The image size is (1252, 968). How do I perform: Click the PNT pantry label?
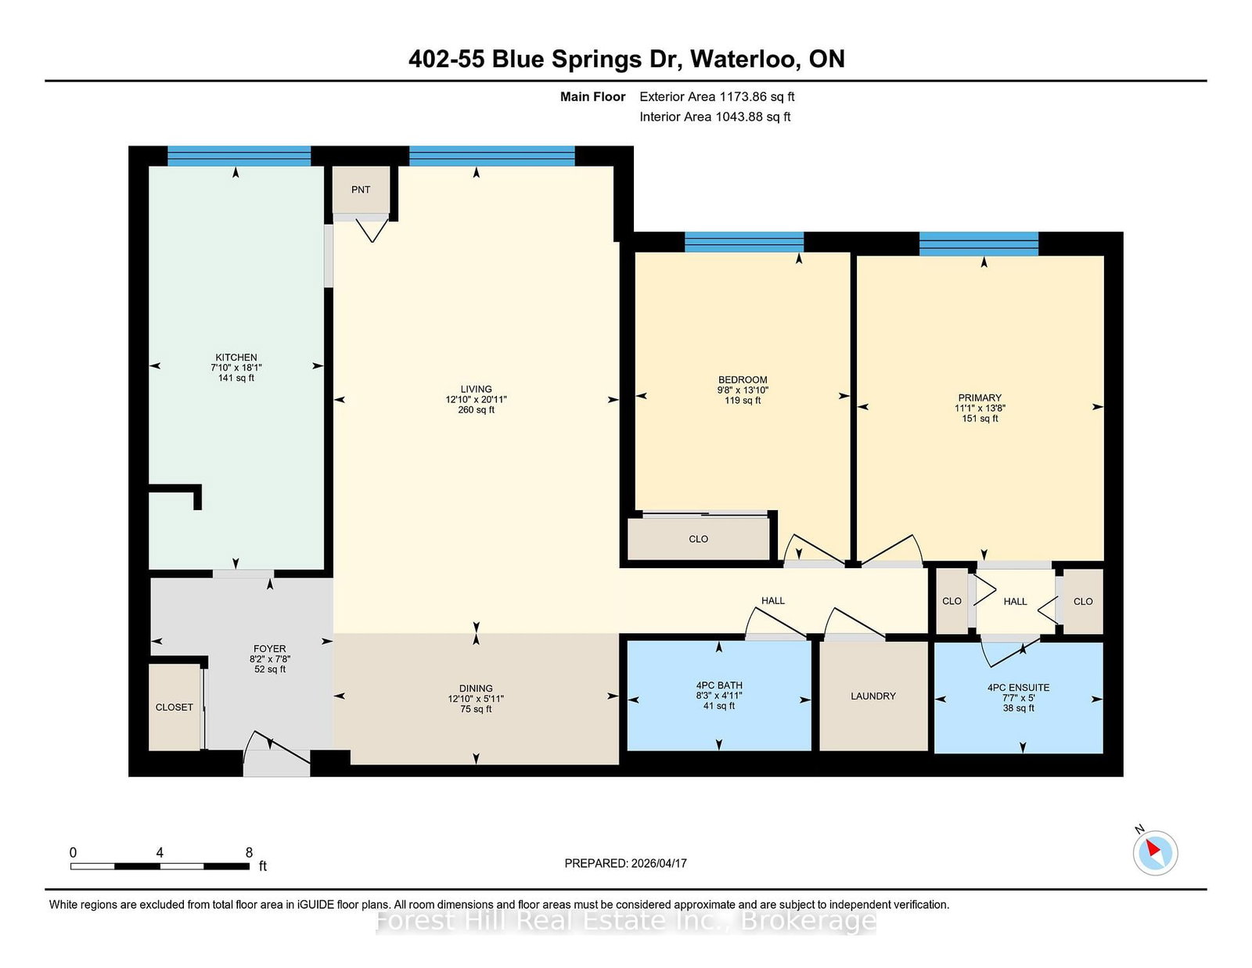361,189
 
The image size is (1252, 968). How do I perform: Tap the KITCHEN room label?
236,357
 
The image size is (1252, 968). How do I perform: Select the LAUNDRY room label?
873,696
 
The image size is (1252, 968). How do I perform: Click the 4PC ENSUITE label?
1018,687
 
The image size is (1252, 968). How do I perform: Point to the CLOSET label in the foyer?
174,707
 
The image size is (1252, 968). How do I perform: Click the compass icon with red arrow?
1155,852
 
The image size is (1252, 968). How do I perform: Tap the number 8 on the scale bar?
249,852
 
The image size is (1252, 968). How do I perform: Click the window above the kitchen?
239,156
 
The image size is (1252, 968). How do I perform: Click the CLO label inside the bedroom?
699,538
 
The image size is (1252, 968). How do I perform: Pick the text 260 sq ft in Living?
476,409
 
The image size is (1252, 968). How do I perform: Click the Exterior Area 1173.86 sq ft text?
717,96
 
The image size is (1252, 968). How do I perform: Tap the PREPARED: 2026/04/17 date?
625,863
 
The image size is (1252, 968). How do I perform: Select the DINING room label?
476,688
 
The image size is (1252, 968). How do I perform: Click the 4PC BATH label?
719,685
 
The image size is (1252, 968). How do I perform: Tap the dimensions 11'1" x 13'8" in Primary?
980,408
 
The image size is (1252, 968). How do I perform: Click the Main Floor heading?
592,96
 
